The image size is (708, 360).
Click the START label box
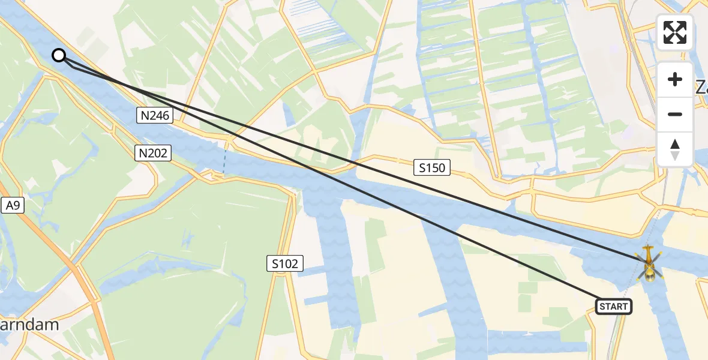(614, 307)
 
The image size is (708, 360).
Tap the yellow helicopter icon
(649, 265)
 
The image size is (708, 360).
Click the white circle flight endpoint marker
(59, 56)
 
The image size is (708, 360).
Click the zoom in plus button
(675, 79)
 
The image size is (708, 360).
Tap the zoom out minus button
(675, 114)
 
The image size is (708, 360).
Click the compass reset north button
(675, 149)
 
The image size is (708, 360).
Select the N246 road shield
(154, 116)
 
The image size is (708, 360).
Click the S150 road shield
(432, 168)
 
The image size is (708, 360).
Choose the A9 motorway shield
(13, 206)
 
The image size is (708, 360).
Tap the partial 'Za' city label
(701, 87)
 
